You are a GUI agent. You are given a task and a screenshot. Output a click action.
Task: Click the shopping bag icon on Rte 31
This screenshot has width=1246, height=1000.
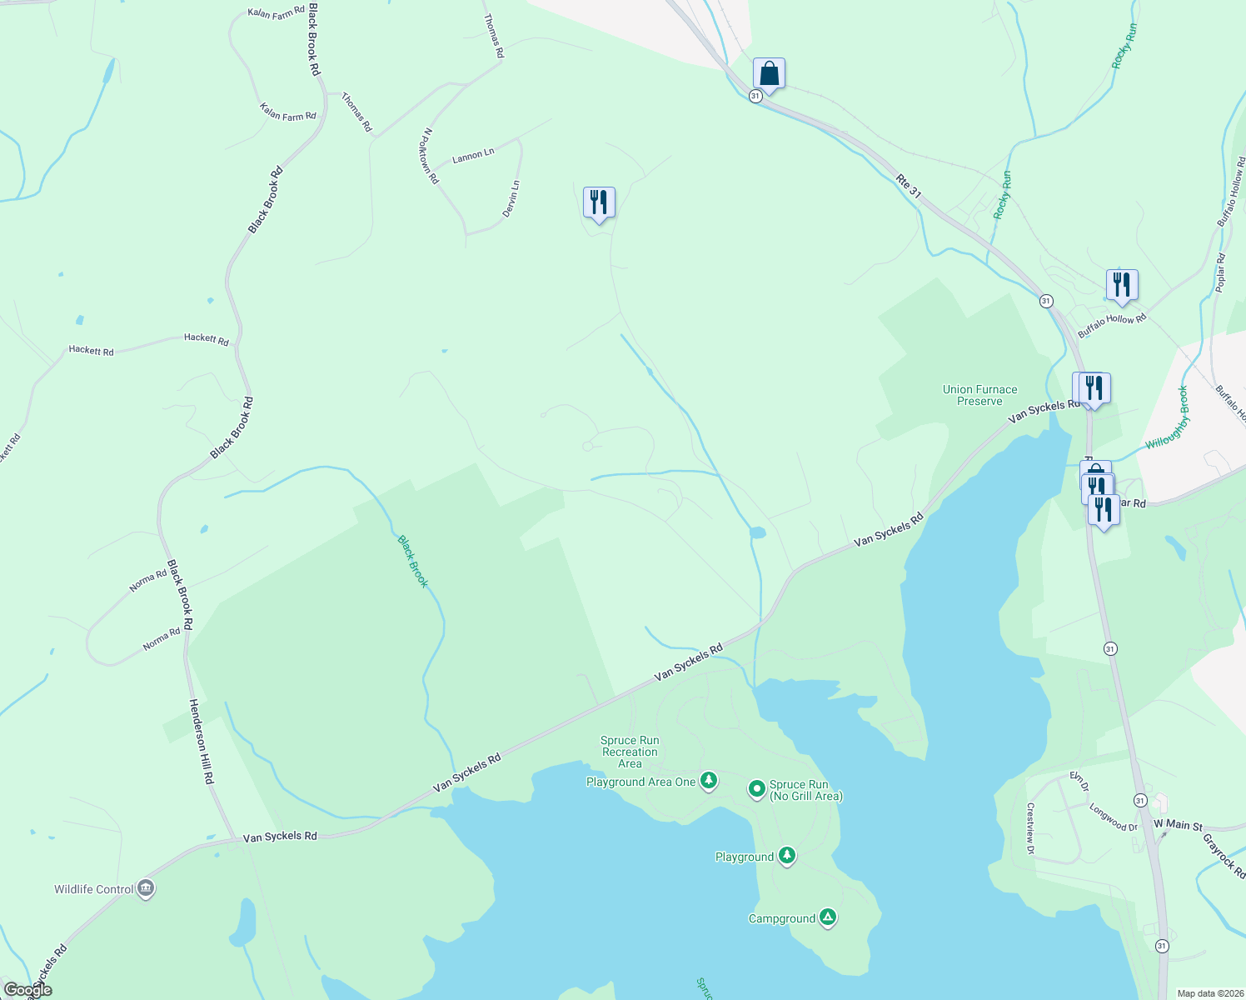[x=769, y=74]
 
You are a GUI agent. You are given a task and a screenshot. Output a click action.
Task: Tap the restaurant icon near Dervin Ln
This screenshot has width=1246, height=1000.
[x=599, y=202]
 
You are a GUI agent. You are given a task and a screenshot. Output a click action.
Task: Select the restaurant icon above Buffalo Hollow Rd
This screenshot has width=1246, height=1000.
[x=1122, y=284]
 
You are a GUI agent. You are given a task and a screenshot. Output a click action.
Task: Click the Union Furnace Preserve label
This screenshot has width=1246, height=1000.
[x=979, y=395]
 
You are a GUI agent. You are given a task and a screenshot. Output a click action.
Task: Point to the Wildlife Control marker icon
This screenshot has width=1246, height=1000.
[x=147, y=888]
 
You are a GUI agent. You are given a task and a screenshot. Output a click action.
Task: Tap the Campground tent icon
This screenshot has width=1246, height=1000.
[x=827, y=917]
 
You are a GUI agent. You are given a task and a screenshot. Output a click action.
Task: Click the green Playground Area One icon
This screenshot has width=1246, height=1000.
[x=708, y=781]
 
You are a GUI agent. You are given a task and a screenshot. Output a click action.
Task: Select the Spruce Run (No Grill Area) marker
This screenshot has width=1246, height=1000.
[x=756, y=787]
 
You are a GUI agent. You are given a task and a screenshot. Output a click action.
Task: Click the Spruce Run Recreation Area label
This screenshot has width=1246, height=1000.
[x=630, y=752]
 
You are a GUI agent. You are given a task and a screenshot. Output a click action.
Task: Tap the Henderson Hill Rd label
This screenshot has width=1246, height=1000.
[x=202, y=741]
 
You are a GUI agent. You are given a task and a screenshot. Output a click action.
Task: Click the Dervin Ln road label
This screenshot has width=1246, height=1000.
[x=511, y=199]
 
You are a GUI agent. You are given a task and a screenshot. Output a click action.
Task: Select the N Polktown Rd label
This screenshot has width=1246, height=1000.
[x=431, y=156]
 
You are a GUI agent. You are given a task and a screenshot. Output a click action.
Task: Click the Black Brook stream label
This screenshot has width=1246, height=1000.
[x=412, y=561]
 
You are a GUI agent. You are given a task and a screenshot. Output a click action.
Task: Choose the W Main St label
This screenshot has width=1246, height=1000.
[x=1178, y=825]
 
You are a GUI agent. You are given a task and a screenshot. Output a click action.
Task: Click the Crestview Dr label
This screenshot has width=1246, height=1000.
[x=1030, y=828]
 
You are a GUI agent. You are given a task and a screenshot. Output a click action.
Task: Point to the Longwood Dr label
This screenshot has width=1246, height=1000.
[x=1113, y=817]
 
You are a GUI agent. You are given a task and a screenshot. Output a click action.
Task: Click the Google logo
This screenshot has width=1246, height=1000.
[x=28, y=990]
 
